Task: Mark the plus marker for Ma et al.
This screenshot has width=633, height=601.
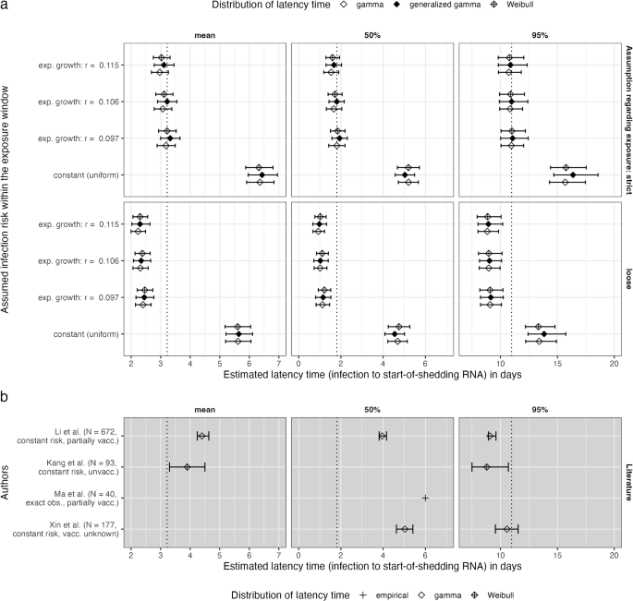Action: coord(425,498)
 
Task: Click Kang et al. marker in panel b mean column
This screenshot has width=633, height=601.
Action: coord(188,467)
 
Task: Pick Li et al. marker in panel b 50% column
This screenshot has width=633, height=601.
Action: coord(383,436)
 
